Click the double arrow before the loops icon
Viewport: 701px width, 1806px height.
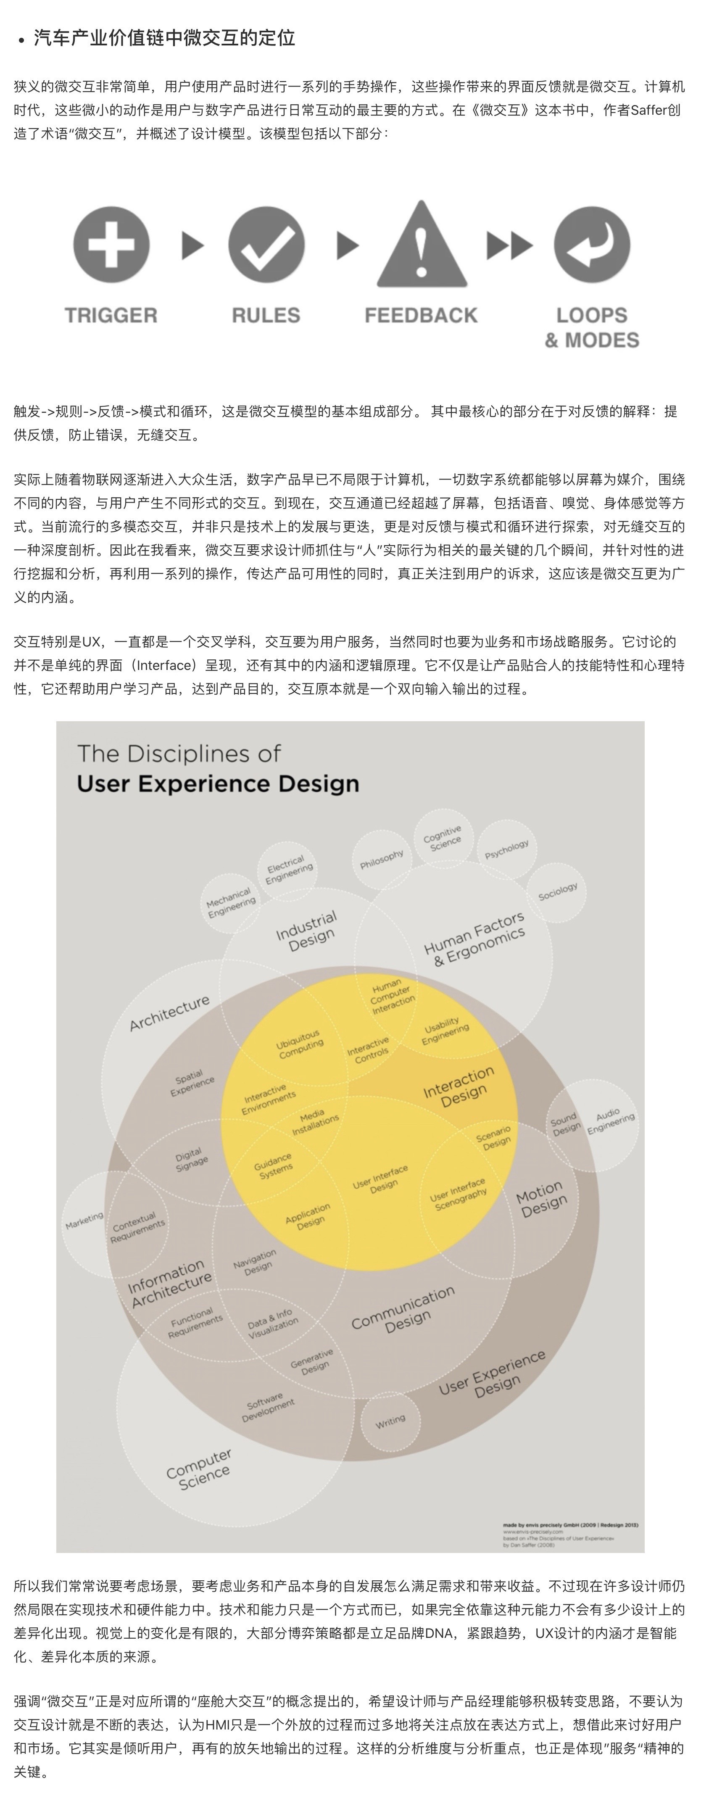click(x=510, y=245)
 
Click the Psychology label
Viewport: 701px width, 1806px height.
click(x=506, y=850)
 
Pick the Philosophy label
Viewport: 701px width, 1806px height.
click(x=382, y=859)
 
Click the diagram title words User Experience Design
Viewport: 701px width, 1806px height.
click(x=218, y=783)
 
